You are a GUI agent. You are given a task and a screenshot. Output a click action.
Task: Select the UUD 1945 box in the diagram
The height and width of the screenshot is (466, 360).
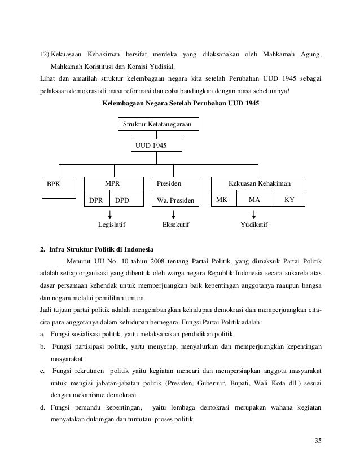[x=157, y=146]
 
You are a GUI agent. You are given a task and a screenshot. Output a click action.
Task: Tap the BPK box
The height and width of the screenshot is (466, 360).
[x=59, y=187]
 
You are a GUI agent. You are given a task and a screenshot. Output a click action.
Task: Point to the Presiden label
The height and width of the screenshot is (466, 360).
[x=169, y=183]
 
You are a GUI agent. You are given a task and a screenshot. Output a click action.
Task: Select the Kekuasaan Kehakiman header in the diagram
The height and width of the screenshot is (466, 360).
[x=258, y=183]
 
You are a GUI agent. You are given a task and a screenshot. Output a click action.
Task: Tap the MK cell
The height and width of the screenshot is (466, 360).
[x=223, y=200]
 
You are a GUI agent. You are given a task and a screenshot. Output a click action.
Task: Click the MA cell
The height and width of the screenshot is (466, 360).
[x=254, y=200]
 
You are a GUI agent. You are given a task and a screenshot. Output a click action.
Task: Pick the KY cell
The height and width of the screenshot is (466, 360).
[x=288, y=200]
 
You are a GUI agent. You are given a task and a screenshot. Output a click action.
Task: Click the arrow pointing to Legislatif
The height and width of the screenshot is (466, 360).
[x=110, y=215]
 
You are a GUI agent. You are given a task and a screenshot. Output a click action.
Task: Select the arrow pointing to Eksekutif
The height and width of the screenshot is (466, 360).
[x=173, y=215]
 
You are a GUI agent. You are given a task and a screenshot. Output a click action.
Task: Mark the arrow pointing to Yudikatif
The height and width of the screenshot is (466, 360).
[x=254, y=215]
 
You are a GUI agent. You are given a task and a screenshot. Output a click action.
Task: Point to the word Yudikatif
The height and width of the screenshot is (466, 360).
[x=254, y=225]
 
